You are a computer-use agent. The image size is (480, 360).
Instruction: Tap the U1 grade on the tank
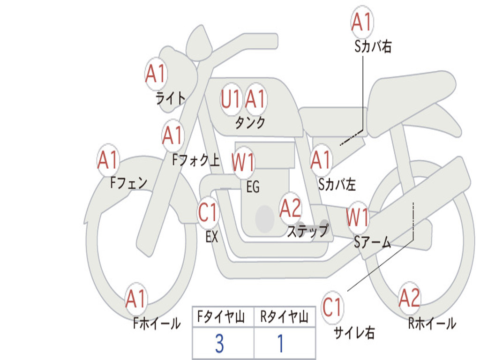coord(231,99)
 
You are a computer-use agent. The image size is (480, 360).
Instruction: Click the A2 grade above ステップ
coord(291,208)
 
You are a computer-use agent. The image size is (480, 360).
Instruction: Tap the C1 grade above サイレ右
coord(332,307)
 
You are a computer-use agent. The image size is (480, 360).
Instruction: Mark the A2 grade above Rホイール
coord(409,298)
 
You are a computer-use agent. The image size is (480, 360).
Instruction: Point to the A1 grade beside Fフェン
coord(108,160)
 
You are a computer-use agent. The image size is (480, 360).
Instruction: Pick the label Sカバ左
coord(337,185)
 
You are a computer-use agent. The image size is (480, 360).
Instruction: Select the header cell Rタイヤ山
coord(285,318)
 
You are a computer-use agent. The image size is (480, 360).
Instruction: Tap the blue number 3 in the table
coord(219,344)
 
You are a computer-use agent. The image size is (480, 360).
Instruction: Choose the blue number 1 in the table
coord(281,344)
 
